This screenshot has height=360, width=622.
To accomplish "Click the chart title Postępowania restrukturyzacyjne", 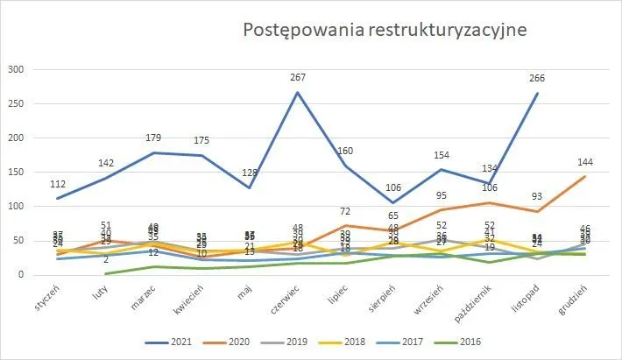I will tap(385, 30).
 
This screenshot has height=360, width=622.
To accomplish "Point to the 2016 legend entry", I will tap(507, 342).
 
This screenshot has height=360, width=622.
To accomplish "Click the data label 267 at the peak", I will tap(298, 78).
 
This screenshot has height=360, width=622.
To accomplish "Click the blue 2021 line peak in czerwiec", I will tap(298, 92).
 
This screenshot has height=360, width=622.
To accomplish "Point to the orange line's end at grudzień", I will tap(585, 176).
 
